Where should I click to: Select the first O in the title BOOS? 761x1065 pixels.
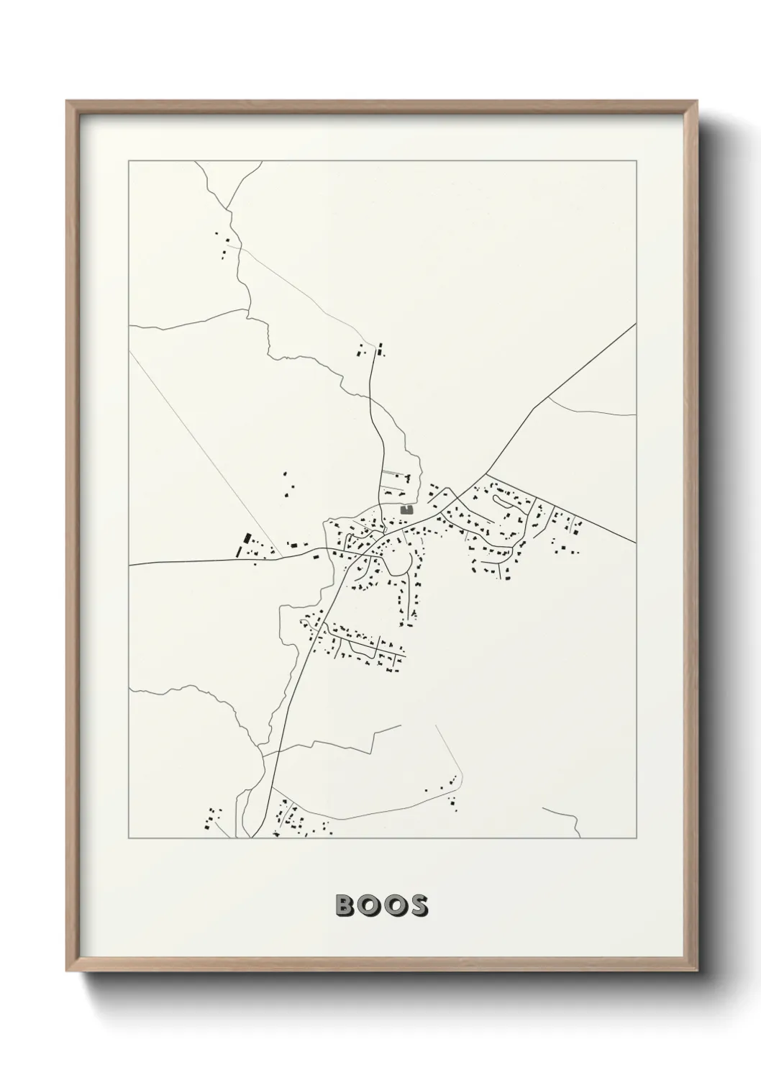point(369,906)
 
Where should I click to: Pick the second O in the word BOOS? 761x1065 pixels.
point(393,906)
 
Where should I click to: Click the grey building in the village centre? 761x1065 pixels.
point(407,509)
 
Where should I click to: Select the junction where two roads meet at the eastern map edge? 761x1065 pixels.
point(634,543)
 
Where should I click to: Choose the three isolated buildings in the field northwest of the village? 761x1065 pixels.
point(288,484)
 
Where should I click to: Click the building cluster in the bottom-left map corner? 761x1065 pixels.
point(211,818)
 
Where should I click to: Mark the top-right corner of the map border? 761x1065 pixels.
point(636,161)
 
